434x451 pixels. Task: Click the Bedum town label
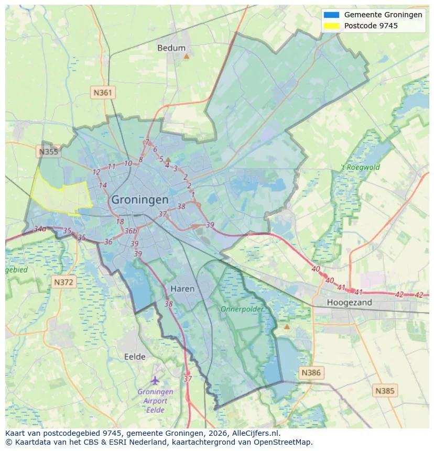pos(171,48)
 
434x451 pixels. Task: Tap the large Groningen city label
pos(140,200)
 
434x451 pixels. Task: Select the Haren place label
pos(182,289)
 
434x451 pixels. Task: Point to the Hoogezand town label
pos(349,302)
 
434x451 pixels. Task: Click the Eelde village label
pos(135,357)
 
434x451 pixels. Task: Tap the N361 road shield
pos(103,93)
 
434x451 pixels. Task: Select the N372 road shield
pos(64,282)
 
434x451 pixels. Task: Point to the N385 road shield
pos(386,390)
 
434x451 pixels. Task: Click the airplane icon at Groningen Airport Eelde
pos(155,380)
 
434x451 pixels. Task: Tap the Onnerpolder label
pos(242,309)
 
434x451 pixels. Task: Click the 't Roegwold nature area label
pos(361,168)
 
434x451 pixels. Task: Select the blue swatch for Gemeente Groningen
pos(332,15)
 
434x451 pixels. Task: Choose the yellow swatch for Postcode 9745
pos(332,25)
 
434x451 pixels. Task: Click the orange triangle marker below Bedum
pos(186,56)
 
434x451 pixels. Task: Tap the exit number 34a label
pos(40,229)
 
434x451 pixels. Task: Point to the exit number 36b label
pos(131,231)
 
